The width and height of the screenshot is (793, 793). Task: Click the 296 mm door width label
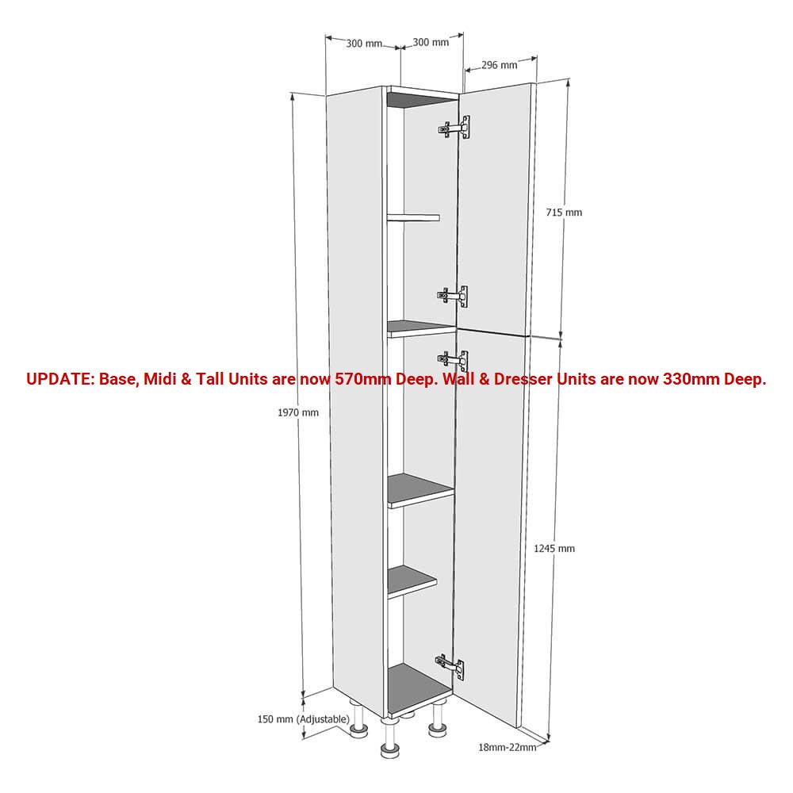click(x=499, y=65)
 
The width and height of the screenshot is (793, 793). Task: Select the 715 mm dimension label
click(x=564, y=213)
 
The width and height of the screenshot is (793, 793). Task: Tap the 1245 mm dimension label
click(x=554, y=548)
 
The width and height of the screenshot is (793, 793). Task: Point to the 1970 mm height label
click(x=298, y=412)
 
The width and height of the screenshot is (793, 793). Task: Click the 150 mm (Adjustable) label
click(x=304, y=719)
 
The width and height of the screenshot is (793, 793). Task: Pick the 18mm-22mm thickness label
click(x=508, y=748)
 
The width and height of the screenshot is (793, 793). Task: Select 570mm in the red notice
click(x=362, y=379)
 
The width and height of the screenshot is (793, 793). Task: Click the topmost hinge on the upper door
click(x=454, y=128)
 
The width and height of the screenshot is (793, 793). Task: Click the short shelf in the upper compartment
click(x=413, y=217)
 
